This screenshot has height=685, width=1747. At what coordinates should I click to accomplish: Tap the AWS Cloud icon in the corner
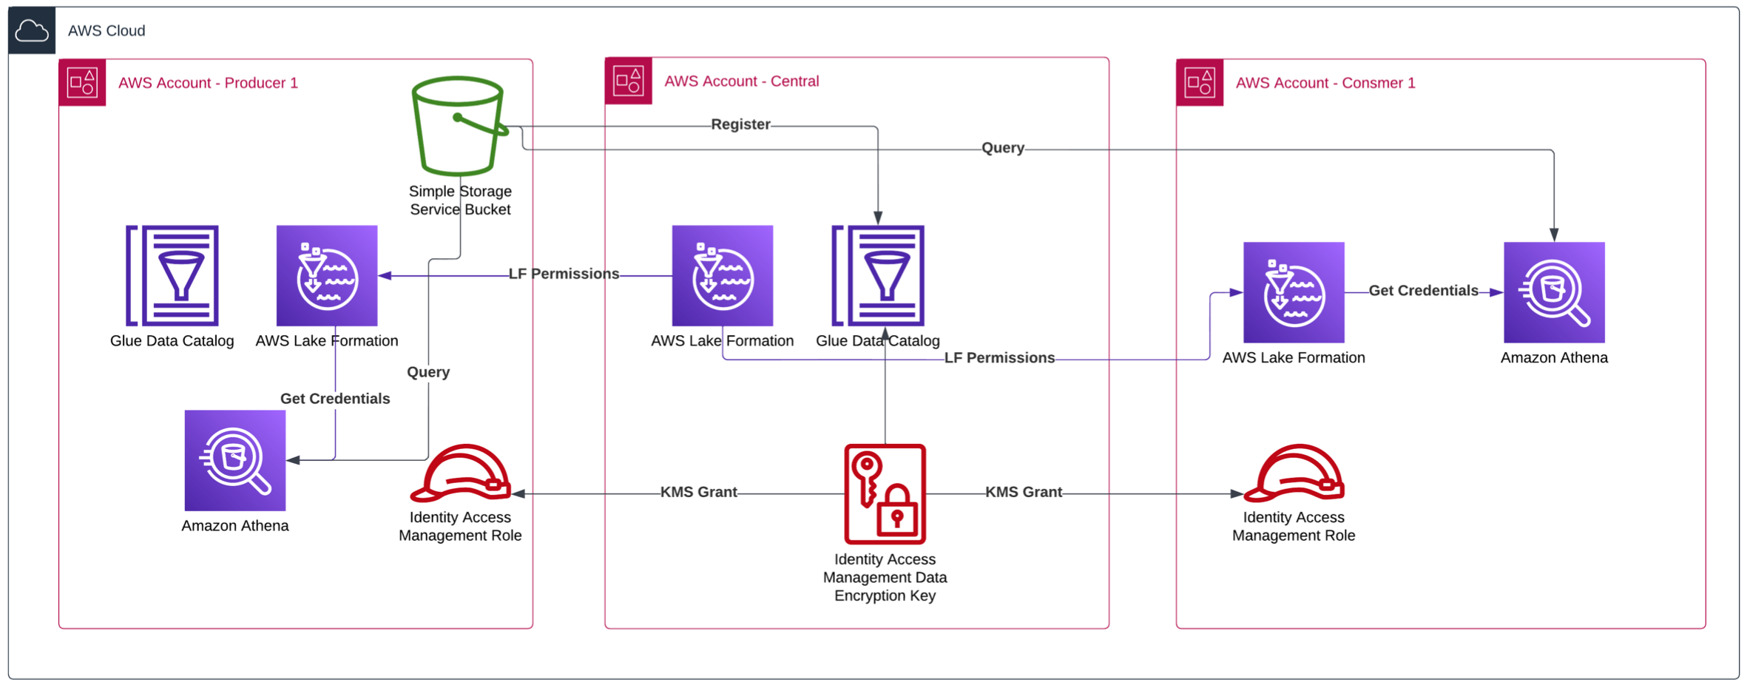pos(32,30)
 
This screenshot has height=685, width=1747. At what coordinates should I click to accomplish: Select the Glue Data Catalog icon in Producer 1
pos(172,275)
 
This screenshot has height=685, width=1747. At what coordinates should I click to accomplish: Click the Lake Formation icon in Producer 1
pos(327,275)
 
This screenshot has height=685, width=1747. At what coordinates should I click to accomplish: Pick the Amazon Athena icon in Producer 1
pos(235,460)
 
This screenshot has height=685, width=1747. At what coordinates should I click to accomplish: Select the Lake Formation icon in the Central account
pos(723,275)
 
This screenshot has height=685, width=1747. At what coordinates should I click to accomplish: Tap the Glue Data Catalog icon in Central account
pos(878,275)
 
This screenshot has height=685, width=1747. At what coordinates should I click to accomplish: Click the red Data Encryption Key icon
pos(885,493)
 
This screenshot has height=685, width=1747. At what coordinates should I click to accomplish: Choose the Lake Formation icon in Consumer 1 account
pos(1294,292)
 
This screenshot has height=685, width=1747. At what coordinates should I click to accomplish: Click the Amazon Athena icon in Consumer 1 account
pos(1554,292)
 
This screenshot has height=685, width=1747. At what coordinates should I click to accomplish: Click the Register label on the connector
pos(740,124)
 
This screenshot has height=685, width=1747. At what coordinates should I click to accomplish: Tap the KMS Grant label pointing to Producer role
pos(698,492)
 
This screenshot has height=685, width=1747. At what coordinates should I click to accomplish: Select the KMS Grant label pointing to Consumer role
pos(1023,492)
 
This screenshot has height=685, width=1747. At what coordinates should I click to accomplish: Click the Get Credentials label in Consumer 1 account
pos(1423,291)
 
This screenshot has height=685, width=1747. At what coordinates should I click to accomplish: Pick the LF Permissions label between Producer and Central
pos(564,274)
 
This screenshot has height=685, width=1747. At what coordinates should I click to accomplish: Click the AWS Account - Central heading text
pos(741,81)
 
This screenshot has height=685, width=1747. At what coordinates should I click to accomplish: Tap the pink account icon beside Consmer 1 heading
pos(1199,82)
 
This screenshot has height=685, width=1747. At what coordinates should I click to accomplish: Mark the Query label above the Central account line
pos(1002,148)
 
